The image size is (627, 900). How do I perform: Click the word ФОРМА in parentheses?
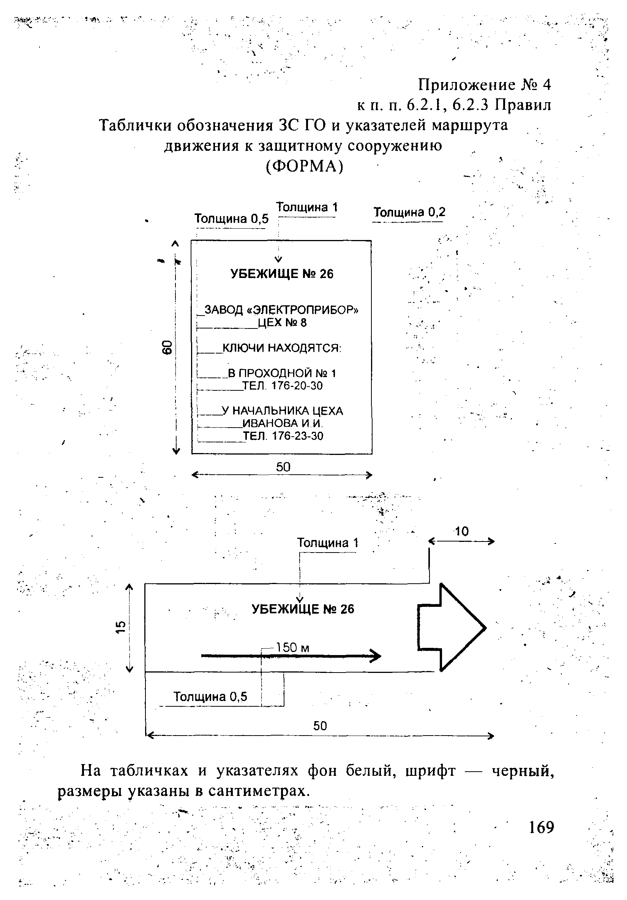(x=304, y=166)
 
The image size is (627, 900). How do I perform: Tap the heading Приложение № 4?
(x=484, y=84)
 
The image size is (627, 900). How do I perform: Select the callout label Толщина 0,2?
(x=409, y=212)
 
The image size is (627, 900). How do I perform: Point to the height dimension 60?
(x=167, y=347)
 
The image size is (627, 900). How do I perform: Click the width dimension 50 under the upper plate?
(x=283, y=467)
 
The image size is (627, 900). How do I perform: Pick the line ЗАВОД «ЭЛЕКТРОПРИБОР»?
(x=281, y=310)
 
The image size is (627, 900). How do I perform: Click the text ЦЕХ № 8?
(x=282, y=323)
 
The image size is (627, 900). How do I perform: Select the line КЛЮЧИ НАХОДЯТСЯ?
(x=282, y=348)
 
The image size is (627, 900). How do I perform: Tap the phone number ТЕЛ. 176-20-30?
(x=283, y=386)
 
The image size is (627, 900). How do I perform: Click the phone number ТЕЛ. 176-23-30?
(x=283, y=436)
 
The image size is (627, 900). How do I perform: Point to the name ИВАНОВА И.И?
(x=282, y=423)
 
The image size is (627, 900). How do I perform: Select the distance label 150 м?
(x=292, y=647)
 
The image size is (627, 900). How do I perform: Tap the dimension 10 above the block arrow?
(x=462, y=532)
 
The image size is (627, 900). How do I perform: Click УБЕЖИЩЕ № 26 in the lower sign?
(x=303, y=609)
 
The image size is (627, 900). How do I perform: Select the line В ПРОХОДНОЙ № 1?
(x=282, y=373)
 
